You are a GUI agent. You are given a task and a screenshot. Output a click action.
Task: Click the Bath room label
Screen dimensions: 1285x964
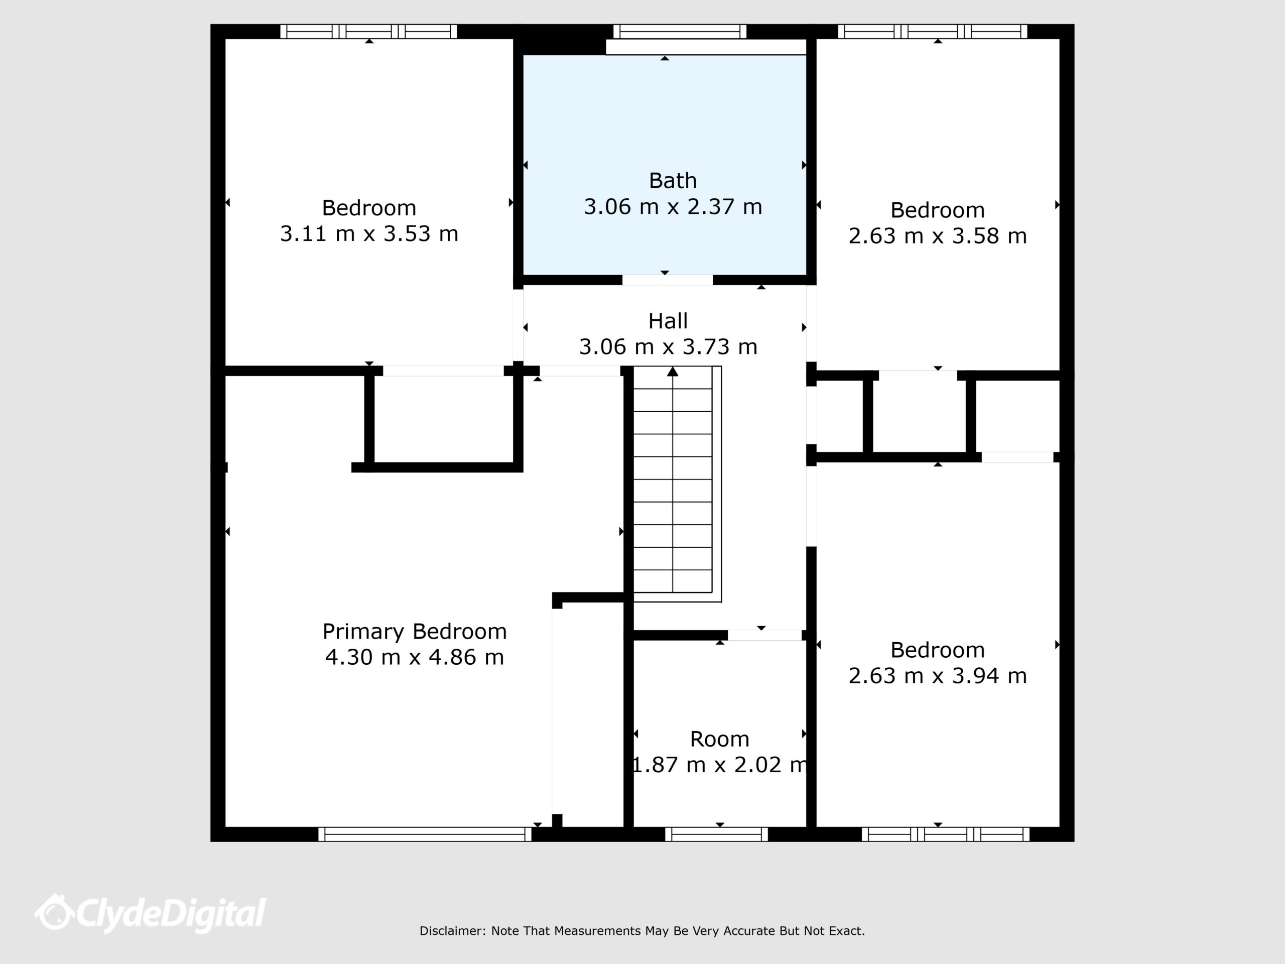tap(673, 181)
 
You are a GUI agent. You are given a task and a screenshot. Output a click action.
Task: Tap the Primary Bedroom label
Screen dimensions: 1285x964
tap(414, 632)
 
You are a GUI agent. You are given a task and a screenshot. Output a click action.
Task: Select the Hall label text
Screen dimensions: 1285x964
tap(668, 321)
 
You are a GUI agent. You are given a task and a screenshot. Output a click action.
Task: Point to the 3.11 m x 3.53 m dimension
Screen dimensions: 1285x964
tap(369, 233)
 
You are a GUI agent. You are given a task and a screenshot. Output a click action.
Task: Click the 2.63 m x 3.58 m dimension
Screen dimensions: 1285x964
tap(938, 236)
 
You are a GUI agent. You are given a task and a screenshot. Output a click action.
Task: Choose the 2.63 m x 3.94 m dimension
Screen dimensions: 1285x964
tap(938, 676)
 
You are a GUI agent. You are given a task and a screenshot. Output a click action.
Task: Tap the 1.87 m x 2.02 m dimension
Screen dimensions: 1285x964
tap(720, 765)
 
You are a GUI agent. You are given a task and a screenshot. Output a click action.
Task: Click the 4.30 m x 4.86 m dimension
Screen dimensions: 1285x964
tap(414, 657)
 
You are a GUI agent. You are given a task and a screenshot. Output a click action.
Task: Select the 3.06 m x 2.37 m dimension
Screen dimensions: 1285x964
tap(673, 207)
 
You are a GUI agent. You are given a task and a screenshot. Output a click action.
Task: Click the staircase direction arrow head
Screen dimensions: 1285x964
tap(673, 372)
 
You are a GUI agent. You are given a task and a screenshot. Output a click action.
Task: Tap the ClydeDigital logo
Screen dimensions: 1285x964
tap(150, 913)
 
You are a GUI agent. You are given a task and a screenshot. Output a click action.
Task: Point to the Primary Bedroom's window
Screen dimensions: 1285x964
tap(425, 834)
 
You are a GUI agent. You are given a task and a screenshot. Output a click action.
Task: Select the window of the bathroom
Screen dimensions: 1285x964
tap(680, 31)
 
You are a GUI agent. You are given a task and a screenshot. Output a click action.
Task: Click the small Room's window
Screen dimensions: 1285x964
tap(716, 834)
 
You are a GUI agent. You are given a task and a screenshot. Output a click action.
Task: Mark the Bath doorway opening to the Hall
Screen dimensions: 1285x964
tap(668, 280)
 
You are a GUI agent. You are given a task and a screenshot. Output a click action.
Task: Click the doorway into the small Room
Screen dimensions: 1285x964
tap(764, 635)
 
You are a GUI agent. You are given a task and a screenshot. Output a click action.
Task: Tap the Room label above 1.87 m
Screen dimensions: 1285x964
tap(720, 739)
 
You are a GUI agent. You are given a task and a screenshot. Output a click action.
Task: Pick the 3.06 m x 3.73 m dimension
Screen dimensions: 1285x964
tap(668, 347)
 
